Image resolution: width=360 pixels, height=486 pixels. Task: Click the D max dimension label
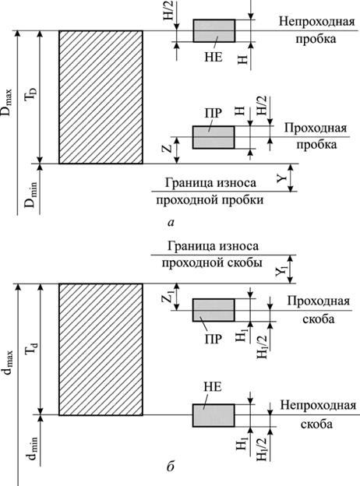7,103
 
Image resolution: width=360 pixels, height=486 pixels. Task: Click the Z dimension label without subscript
168,148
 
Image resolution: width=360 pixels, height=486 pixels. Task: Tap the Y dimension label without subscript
281,179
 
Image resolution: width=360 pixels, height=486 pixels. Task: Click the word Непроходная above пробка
317,22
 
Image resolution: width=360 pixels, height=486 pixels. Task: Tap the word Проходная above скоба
318,301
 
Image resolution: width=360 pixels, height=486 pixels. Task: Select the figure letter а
171,222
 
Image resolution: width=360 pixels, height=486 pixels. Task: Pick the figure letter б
171,465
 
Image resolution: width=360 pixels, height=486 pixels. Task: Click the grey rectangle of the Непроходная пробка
214,30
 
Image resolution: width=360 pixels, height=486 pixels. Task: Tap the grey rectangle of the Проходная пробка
214,137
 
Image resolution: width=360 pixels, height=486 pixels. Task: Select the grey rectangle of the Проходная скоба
214,310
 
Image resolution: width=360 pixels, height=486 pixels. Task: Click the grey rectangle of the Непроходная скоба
214,415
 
